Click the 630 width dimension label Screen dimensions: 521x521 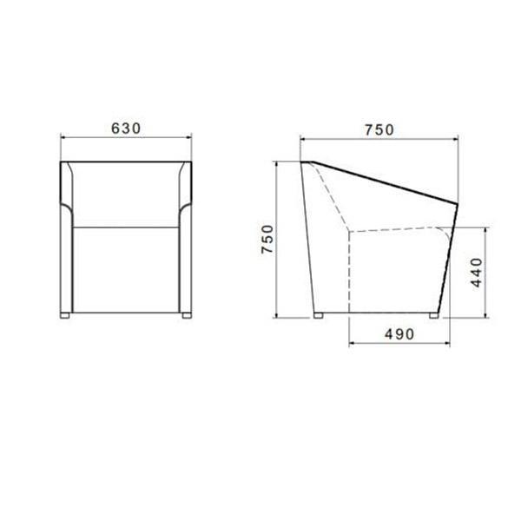click(x=126, y=129)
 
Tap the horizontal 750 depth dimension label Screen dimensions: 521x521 click(x=379, y=130)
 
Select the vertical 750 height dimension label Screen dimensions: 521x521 click(x=267, y=240)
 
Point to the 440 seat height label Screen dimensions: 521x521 click(x=477, y=272)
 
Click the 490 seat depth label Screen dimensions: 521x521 click(x=399, y=334)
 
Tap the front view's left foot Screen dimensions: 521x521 click(x=65, y=315)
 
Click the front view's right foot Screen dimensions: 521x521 click(x=187, y=315)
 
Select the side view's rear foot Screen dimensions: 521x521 click(x=319, y=316)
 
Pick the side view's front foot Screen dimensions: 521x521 click(x=434, y=316)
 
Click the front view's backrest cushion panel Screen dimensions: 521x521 click(x=126, y=195)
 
